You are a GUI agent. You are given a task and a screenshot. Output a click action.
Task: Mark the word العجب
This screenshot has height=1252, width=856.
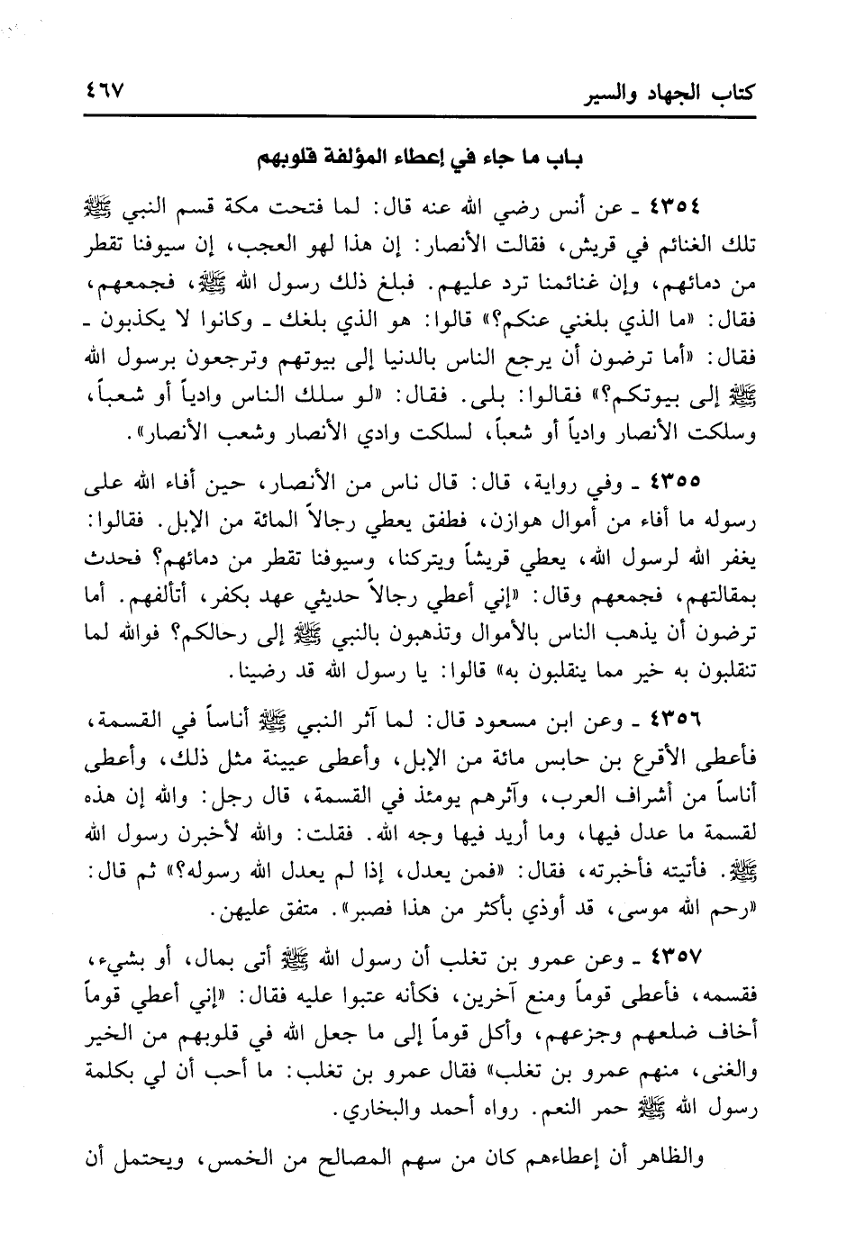[x=342, y=245]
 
